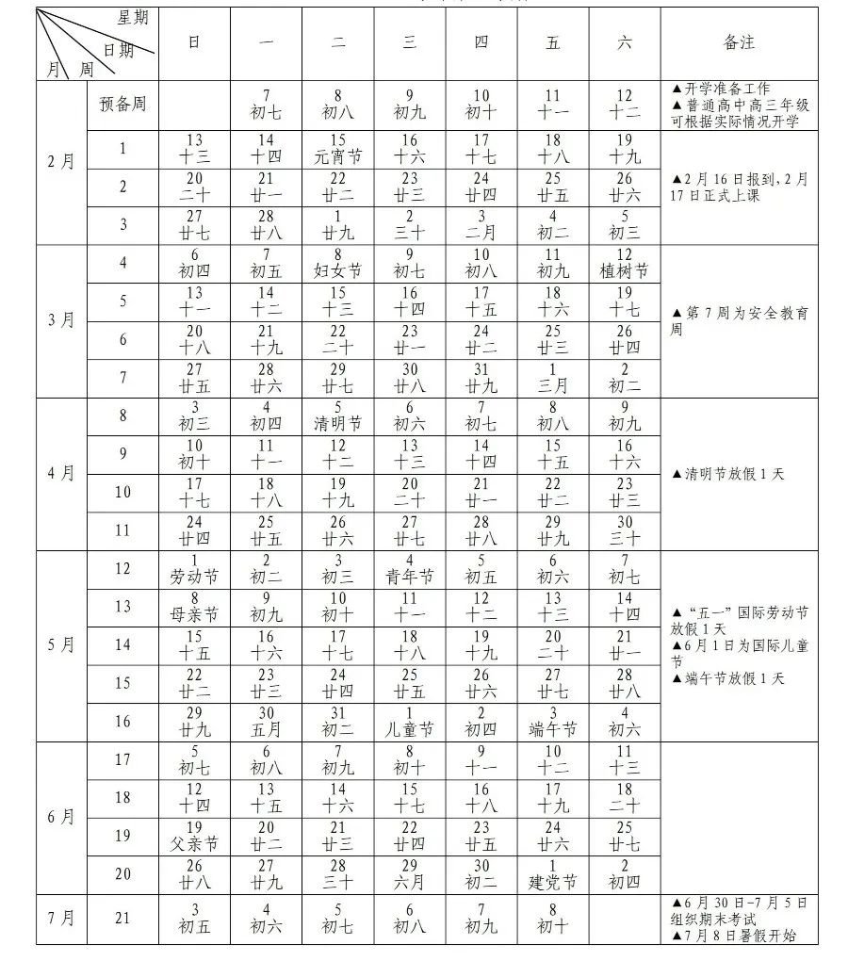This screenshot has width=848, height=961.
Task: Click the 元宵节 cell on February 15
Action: pyautogui.click(x=337, y=149)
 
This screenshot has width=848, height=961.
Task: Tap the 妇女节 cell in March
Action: pyautogui.click(x=337, y=264)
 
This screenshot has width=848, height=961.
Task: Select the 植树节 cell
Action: pyautogui.click(x=625, y=264)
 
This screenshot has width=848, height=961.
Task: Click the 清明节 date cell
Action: pyautogui.click(x=337, y=415)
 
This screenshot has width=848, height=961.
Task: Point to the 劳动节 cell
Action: pyautogui.click(x=194, y=568)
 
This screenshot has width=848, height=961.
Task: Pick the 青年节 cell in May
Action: pyautogui.click(x=409, y=568)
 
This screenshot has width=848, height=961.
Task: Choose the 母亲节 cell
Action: pyautogui.click(x=194, y=607)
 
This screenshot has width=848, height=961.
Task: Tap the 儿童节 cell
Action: pyautogui.click(x=409, y=721)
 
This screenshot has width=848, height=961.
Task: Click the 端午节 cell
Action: pyautogui.click(x=553, y=721)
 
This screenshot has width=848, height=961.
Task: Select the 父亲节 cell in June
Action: pyautogui.click(x=194, y=836)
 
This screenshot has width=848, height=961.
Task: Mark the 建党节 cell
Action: pyautogui.click(x=553, y=873)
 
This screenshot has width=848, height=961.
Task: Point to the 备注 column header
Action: pyautogui.click(x=739, y=42)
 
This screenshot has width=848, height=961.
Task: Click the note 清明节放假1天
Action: pyautogui.click(x=727, y=474)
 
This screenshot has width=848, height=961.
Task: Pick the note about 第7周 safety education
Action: pyautogui.click(x=739, y=321)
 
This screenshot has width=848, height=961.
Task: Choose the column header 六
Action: pyautogui.click(x=625, y=42)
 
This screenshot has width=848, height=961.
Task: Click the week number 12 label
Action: pyautogui.click(x=122, y=568)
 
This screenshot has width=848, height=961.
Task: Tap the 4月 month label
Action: pyautogui.click(x=60, y=473)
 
